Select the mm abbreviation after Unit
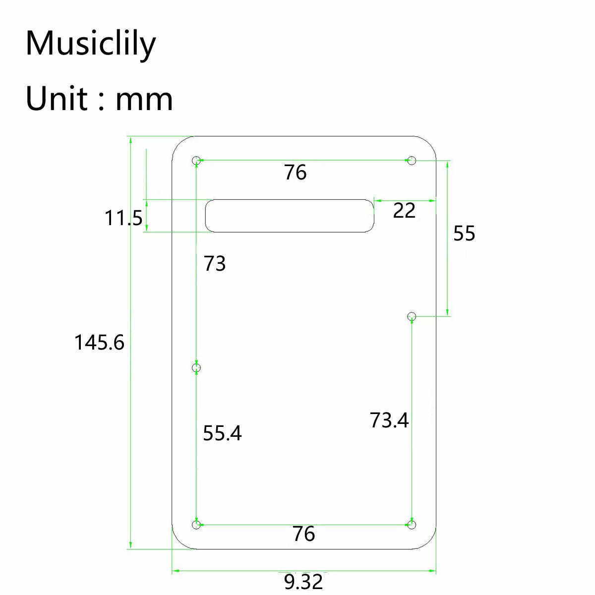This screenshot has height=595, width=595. (144, 99)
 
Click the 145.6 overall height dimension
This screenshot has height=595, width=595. (99, 343)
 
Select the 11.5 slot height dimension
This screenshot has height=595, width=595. (123, 218)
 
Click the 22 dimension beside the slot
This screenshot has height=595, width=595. (404, 211)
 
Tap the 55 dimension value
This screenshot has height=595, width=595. (464, 234)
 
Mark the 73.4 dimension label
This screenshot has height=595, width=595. (389, 420)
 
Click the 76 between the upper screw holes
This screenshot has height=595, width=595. (296, 173)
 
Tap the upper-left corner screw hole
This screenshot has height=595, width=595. (196, 161)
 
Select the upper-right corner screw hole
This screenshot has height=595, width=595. (412, 160)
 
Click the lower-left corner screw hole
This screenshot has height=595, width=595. (196, 525)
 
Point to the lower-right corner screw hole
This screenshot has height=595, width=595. (412, 525)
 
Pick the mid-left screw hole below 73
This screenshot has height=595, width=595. (196, 367)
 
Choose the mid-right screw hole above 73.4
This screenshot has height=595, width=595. (412, 316)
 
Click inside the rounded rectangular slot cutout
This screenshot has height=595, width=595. (290, 216)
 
